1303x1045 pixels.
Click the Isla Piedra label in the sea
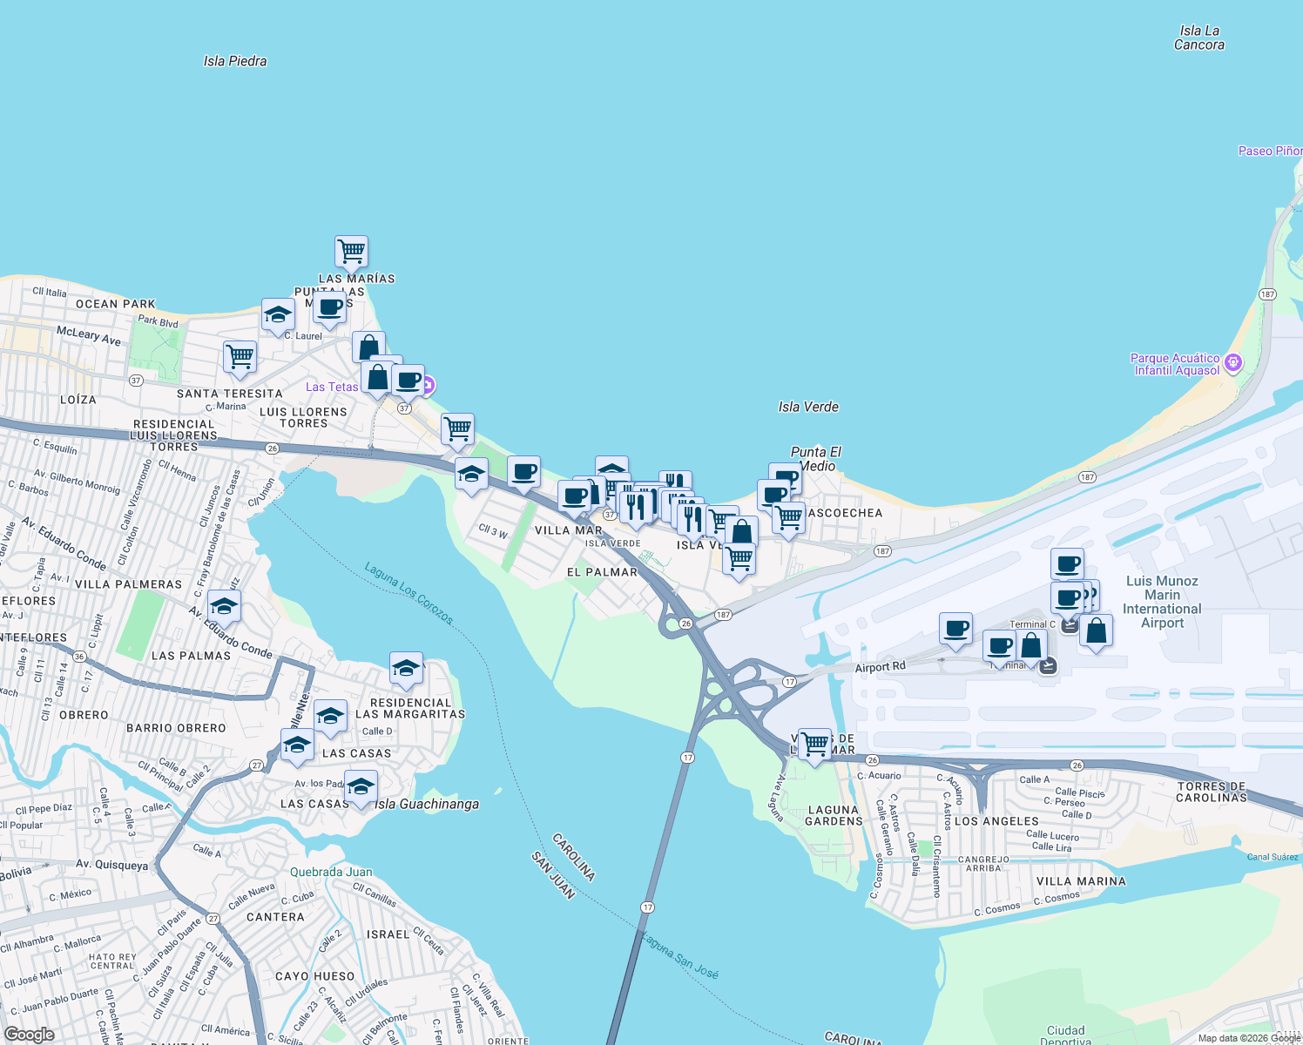coord(235,61)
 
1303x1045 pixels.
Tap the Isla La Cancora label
coord(1199,37)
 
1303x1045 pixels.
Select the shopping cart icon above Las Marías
coord(351,252)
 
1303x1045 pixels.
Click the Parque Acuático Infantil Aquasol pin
coord(1232,363)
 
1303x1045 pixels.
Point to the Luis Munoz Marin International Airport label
coord(1162,602)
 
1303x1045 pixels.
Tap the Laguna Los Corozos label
coord(408,593)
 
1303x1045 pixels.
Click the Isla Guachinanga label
coord(427,804)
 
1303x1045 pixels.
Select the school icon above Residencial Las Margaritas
coord(406,669)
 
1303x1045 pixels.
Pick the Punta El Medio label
coord(816,459)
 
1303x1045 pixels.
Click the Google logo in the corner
coord(29,1035)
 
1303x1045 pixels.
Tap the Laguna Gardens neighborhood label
coord(834,815)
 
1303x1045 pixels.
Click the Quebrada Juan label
coord(331,872)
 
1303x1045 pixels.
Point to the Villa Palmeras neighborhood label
coord(129,584)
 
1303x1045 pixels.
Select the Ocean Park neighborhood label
coord(116,304)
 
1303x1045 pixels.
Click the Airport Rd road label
coord(880,667)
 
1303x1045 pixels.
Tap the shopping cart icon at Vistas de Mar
coord(814,745)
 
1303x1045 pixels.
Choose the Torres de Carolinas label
coord(1212,792)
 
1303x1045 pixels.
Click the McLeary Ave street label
coord(89,336)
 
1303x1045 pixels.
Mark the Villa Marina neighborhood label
coord(1081,881)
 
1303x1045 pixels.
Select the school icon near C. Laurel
coord(278,314)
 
